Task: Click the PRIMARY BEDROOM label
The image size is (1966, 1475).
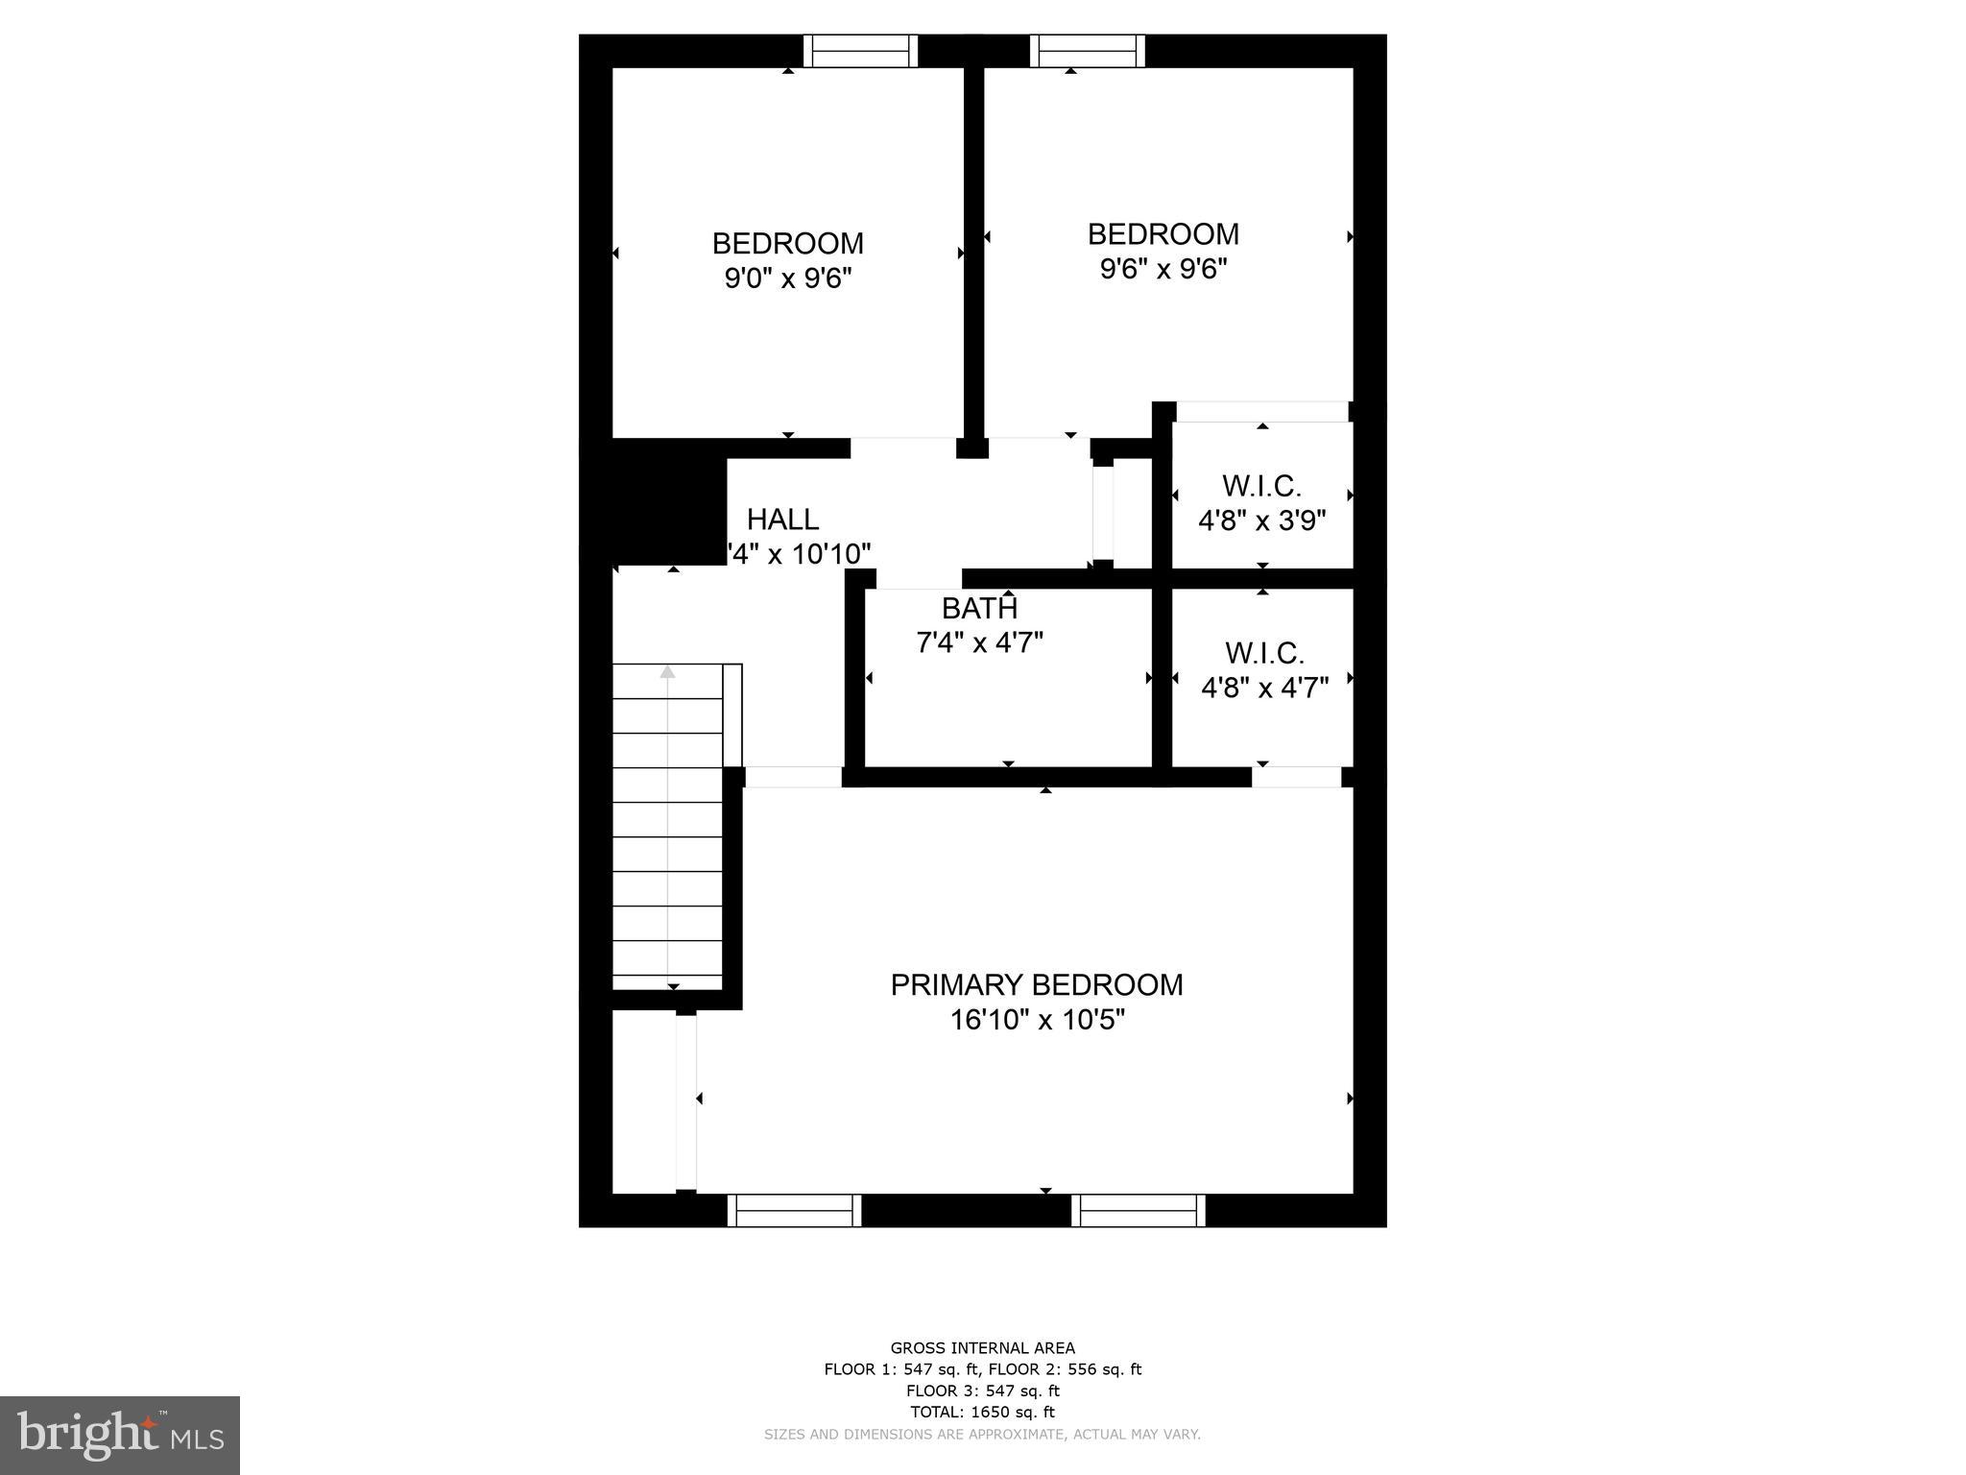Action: click(x=1037, y=984)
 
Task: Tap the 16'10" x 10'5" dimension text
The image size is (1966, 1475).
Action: click(x=1037, y=1020)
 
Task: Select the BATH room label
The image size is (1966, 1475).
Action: click(x=979, y=608)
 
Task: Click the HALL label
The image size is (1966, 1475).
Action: click(x=782, y=520)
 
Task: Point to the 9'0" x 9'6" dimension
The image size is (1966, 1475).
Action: click(x=787, y=278)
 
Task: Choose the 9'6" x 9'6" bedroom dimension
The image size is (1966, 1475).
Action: click(x=1163, y=269)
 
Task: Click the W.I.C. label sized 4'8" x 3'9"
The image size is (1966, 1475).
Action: click(x=1261, y=486)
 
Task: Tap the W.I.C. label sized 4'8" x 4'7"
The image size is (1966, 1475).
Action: click(x=1264, y=654)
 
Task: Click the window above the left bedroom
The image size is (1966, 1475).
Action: click(x=860, y=51)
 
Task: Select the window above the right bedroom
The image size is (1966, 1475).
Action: click(x=1088, y=51)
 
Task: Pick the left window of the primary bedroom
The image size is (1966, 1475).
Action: click(x=794, y=1211)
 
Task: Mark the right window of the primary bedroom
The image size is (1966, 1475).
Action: click(x=1139, y=1211)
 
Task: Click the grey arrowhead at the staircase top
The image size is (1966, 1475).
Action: click(x=667, y=672)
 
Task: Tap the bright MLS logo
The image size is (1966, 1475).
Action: click(x=120, y=1435)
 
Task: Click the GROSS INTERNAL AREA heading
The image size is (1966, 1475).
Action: click(x=982, y=1348)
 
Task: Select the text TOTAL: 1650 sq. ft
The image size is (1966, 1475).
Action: click(x=982, y=1412)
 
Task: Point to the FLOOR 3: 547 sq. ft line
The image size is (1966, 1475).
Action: click(x=982, y=1390)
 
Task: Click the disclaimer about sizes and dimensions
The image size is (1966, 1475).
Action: click(x=982, y=1435)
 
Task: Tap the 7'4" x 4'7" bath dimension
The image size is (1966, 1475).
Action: click(x=979, y=642)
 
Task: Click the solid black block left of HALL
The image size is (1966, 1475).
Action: click(x=668, y=501)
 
